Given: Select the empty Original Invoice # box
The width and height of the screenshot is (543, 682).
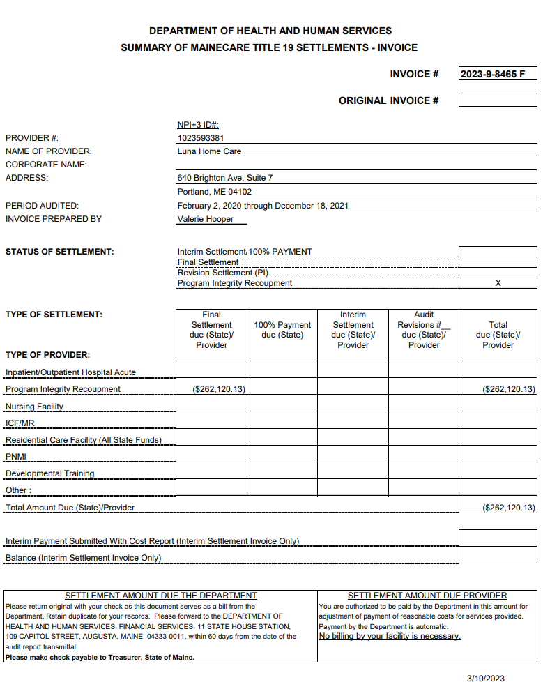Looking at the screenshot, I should pyautogui.click(x=497, y=100).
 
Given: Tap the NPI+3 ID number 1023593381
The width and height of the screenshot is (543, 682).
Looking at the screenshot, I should pyautogui.click(x=201, y=138).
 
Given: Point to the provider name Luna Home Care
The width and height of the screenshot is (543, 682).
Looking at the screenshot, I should pyautogui.click(x=209, y=151).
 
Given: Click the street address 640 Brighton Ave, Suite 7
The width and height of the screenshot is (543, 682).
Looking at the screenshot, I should pyautogui.click(x=225, y=178).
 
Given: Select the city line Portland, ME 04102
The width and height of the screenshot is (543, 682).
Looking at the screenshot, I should pyautogui.click(x=215, y=192).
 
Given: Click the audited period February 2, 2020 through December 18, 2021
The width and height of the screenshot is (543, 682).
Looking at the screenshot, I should pyautogui.click(x=263, y=206).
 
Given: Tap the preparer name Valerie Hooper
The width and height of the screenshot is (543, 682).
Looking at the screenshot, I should pyautogui.click(x=206, y=219).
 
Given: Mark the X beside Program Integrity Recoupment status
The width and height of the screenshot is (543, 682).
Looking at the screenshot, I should pyautogui.click(x=498, y=283).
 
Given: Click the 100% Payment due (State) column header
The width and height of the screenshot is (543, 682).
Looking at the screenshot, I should pyautogui.click(x=282, y=330).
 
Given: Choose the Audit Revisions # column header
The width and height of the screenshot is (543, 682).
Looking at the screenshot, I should pyautogui.click(x=424, y=330).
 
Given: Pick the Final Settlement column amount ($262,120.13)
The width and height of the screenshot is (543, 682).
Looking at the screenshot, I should pyautogui.click(x=219, y=389).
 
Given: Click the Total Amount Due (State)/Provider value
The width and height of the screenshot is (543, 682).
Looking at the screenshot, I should pyautogui.click(x=509, y=508).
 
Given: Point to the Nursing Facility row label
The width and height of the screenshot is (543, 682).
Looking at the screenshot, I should pyautogui.click(x=34, y=407).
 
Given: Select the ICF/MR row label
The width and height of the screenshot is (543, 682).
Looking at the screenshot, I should pyautogui.click(x=20, y=423).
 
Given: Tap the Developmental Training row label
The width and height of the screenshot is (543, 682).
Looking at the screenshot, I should pyautogui.click(x=49, y=473).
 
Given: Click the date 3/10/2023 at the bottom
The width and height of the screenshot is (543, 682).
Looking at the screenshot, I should pyautogui.click(x=486, y=677).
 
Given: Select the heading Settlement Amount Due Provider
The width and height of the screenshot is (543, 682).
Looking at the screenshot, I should pyautogui.click(x=427, y=596).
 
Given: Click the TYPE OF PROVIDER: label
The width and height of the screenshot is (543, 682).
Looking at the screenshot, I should pyautogui.click(x=47, y=355).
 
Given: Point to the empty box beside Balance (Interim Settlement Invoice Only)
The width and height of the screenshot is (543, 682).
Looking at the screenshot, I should pyautogui.click(x=498, y=555).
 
